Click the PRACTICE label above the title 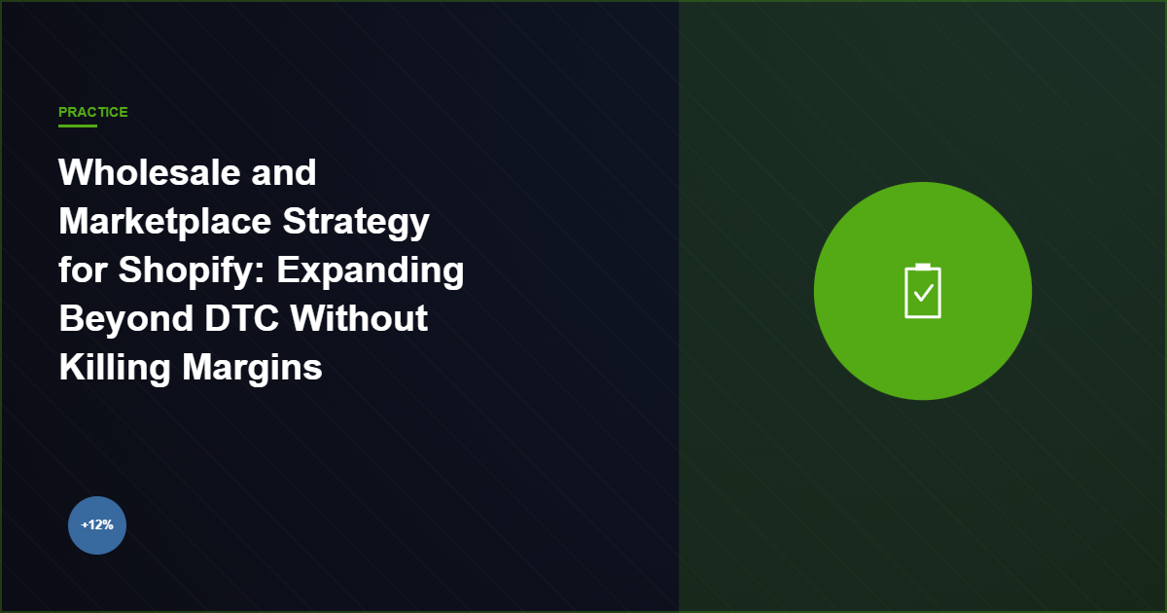[x=93, y=112]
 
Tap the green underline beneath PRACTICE [x=78, y=126]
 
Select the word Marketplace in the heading [x=163, y=222]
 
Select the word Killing [x=115, y=368]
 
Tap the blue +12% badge [x=97, y=525]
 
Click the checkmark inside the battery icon [x=923, y=292]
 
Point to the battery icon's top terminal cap [x=923, y=266]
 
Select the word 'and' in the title [x=284, y=173]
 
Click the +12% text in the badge [x=97, y=525]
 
